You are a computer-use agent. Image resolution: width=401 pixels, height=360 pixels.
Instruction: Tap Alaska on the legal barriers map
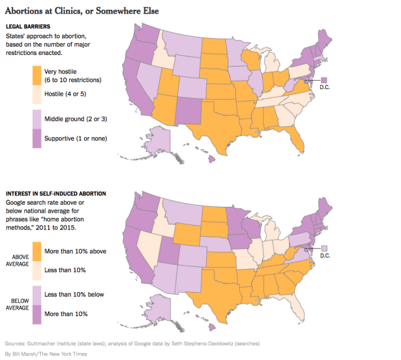tap(164, 140)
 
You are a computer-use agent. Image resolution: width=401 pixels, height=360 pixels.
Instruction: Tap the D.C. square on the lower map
tap(324, 248)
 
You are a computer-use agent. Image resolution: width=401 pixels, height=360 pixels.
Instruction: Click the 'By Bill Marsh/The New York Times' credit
tap(45, 354)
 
